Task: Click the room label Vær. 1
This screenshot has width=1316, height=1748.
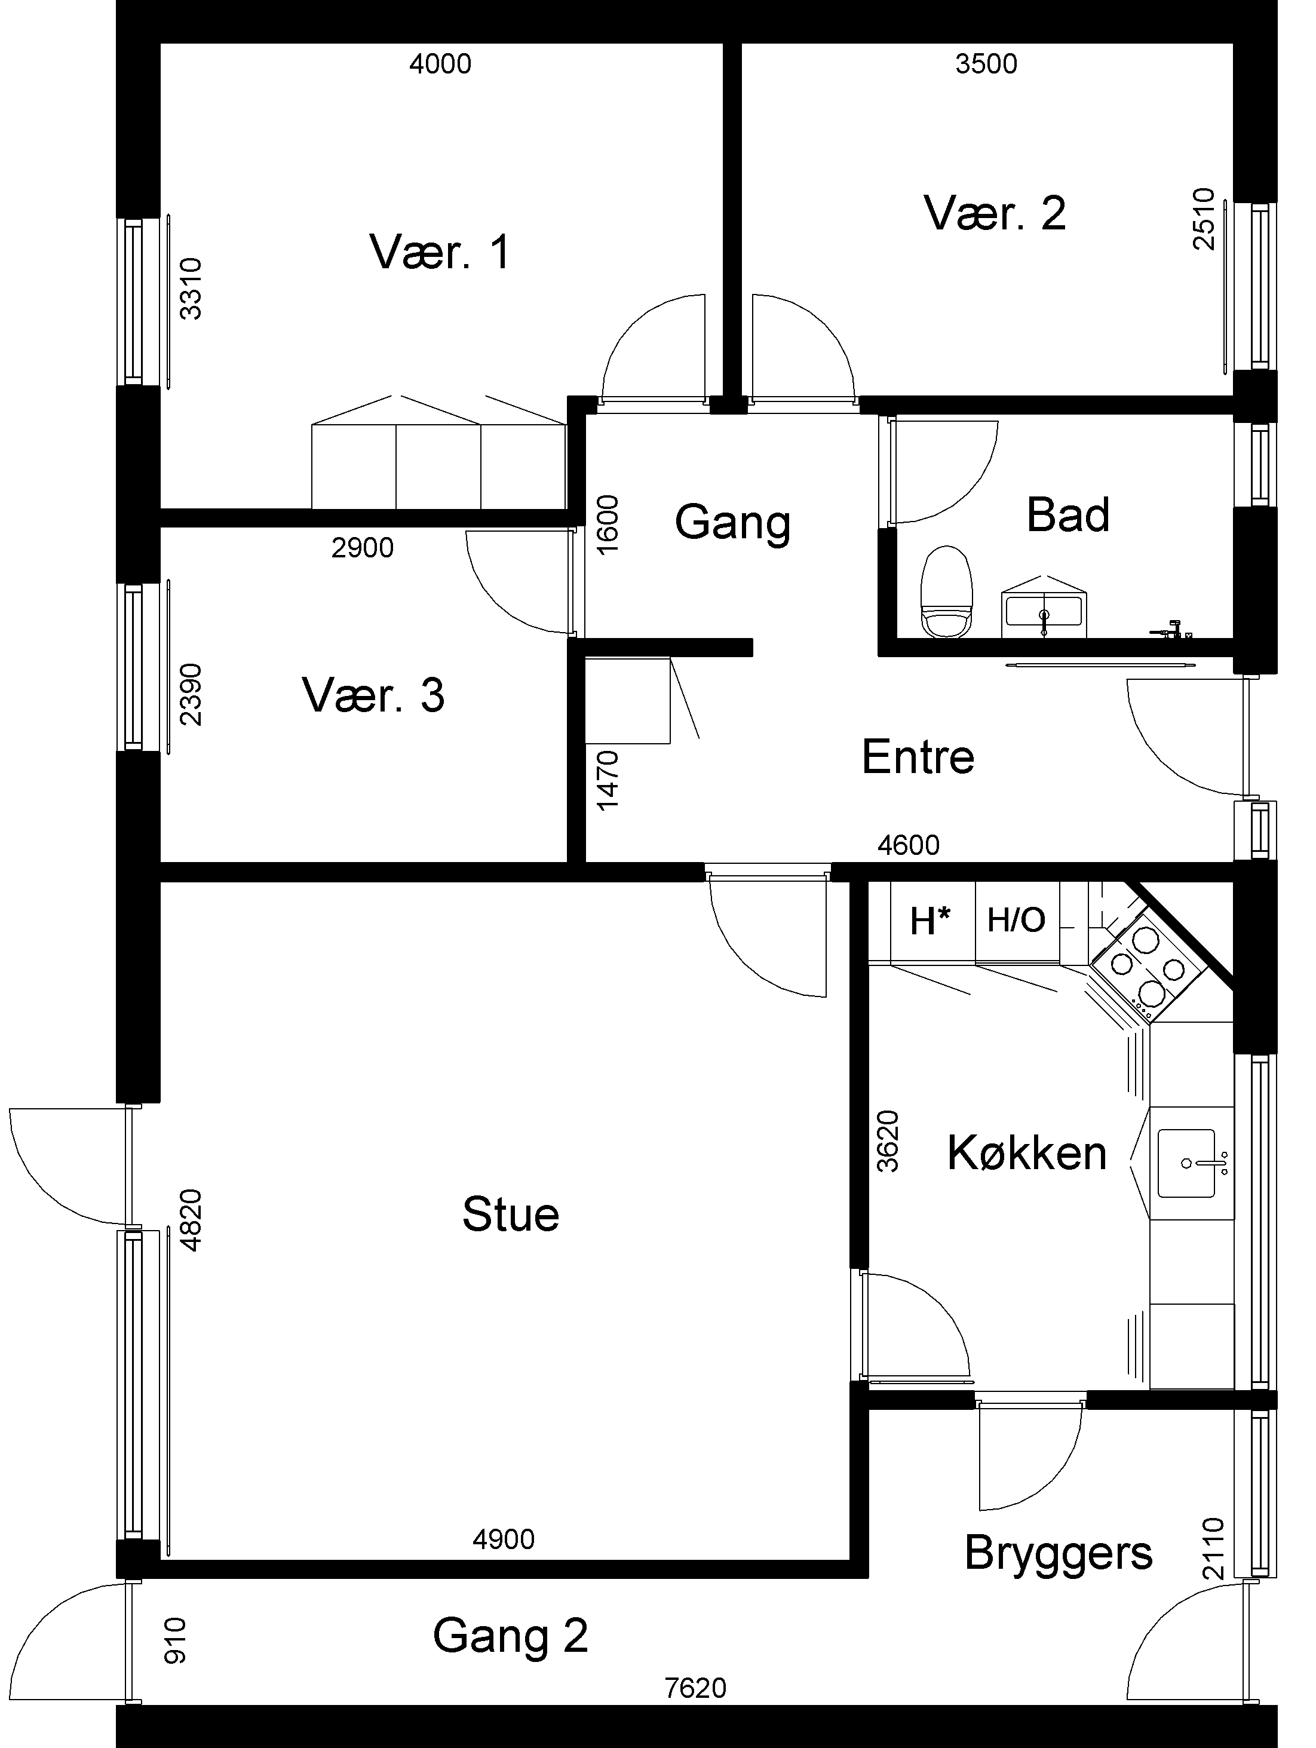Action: pyautogui.click(x=440, y=252)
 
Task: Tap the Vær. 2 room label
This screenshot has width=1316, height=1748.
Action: pyautogui.click(x=994, y=213)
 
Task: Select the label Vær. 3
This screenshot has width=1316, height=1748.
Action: pyautogui.click(x=373, y=695)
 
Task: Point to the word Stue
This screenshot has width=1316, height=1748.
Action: pyautogui.click(x=511, y=1214)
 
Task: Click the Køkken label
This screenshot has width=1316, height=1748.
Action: pyautogui.click(x=1027, y=1153)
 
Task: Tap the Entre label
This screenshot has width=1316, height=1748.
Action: pyautogui.click(x=918, y=756)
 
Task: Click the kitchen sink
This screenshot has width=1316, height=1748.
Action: pyautogui.click(x=1187, y=1163)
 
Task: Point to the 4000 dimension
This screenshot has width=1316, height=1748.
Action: pyautogui.click(x=440, y=64)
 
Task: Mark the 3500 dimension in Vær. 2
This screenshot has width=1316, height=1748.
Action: pyautogui.click(x=986, y=64)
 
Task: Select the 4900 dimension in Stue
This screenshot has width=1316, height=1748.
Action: pyautogui.click(x=504, y=1540)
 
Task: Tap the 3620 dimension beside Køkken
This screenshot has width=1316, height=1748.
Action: pyautogui.click(x=888, y=1141)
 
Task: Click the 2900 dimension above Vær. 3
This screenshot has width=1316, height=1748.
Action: pyautogui.click(x=363, y=548)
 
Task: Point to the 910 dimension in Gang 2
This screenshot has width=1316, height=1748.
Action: pyautogui.click(x=174, y=1641)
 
